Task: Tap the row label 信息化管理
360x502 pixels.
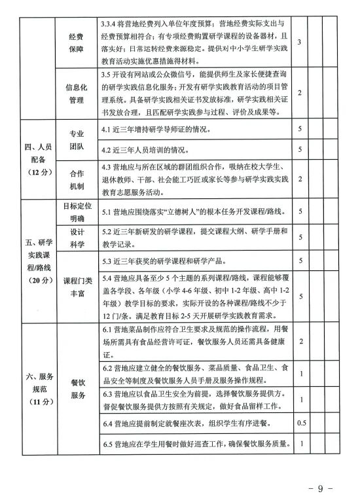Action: coord(77,92)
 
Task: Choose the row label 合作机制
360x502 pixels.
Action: coord(77,179)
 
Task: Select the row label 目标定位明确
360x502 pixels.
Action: coord(77,211)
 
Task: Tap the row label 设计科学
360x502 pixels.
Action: coord(77,238)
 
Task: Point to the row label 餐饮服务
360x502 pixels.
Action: coord(77,388)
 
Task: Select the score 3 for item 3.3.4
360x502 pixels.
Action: coord(299,42)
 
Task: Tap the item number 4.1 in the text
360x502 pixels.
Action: coord(108,130)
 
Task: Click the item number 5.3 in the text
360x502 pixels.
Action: coord(108,262)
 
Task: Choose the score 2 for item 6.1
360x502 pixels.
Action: coord(299,341)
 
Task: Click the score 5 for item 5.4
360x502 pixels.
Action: coord(299,296)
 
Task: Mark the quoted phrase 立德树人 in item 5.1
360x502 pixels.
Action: coord(185,211)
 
